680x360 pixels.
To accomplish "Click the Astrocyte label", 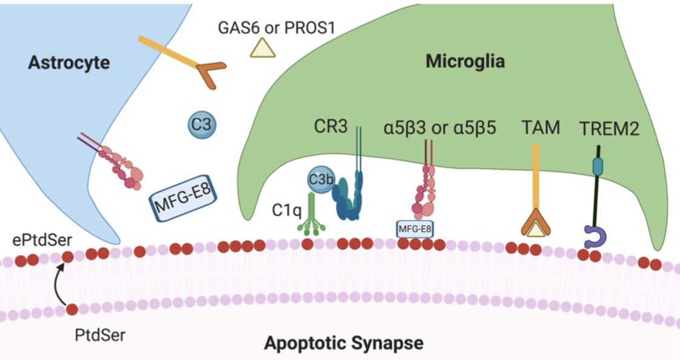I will point(68,63).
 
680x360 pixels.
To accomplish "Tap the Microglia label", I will point(465,61).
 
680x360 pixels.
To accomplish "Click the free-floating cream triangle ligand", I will point(263,48).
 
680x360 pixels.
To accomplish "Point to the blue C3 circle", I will point(201,125).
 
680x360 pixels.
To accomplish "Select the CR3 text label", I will point(331,129).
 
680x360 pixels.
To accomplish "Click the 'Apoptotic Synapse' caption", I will point(343,344).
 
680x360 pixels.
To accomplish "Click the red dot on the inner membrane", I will point(72,310).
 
